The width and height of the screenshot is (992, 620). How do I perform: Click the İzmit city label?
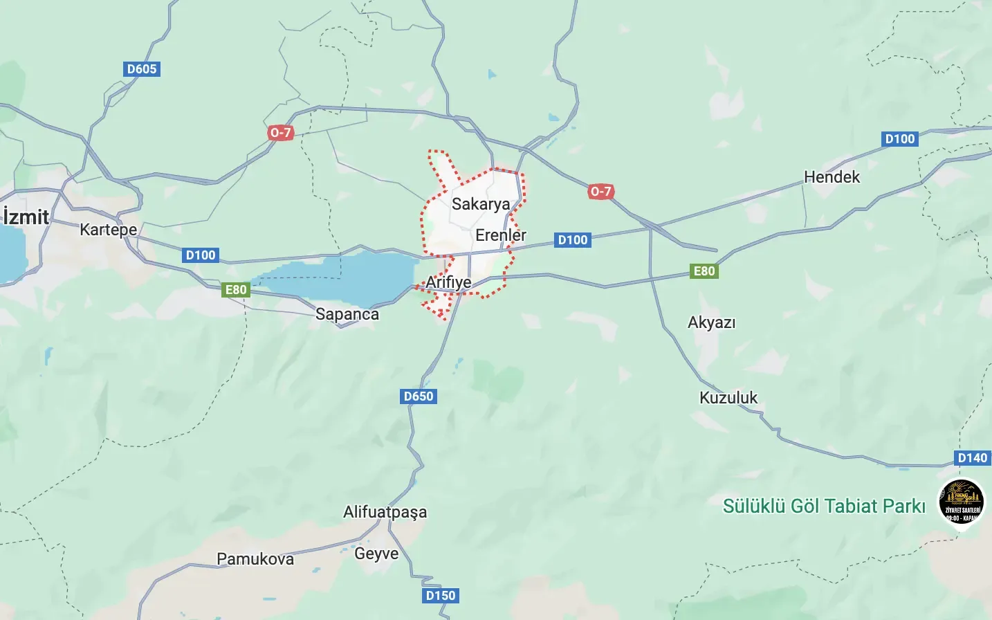[26, 217]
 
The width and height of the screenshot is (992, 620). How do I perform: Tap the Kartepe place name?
[108, 229]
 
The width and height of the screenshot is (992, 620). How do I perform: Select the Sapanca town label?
[347, 314]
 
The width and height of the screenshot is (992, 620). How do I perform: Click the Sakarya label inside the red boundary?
[481, 204]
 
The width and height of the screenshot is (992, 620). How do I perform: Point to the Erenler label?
[501, 235]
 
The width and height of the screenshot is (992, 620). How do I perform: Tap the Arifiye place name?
[448, 282]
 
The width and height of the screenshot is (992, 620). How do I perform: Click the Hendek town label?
[832, 177]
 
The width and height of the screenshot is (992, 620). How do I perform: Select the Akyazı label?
[711, 322]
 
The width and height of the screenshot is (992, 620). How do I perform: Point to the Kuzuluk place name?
[728, 398]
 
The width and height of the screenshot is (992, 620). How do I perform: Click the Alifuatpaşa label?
[385, 512]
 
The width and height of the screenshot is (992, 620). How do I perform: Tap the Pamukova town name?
[255, 559]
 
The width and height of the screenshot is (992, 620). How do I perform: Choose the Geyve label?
[376, 554]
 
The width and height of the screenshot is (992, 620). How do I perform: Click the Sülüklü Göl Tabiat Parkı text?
[824, 506]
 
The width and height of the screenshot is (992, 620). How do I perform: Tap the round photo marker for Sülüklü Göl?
[962, 501]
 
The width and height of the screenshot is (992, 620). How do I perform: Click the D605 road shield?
[142, 69]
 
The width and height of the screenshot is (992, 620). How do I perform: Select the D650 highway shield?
[419, 396]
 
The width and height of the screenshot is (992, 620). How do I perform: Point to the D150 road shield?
[441, 596]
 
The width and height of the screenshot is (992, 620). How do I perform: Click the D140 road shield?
[972, 458]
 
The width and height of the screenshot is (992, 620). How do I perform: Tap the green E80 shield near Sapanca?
[236, 290]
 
